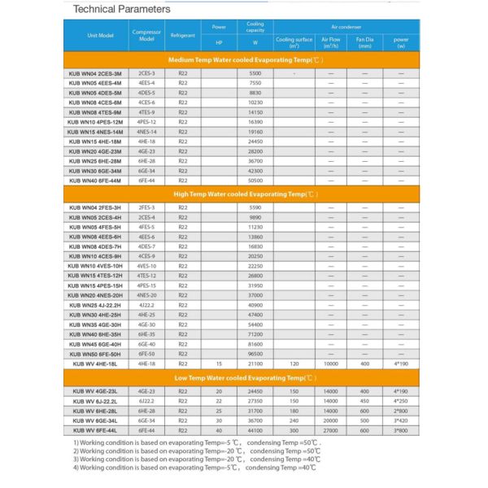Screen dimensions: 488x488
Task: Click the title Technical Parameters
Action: coord(122,9)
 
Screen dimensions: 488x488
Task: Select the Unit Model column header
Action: coord(95,36)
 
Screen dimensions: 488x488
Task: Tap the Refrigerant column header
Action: coord(182,36)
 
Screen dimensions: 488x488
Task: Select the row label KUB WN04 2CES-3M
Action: coord(95,74)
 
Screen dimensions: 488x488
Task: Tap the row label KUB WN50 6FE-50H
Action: coord(95,355)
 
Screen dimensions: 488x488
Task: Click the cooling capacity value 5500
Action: coord(255,74)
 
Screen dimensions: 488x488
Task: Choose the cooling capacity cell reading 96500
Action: coord(255,355)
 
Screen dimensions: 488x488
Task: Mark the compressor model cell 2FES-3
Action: coord(146,208)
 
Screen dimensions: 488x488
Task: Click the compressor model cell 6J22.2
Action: coord(146,402)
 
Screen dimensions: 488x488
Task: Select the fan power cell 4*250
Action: coord(401,402)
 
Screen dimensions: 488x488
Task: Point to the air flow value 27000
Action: coord(330,430)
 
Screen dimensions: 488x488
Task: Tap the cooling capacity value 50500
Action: coord(255,180)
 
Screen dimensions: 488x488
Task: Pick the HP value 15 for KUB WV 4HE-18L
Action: coord(219,364)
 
